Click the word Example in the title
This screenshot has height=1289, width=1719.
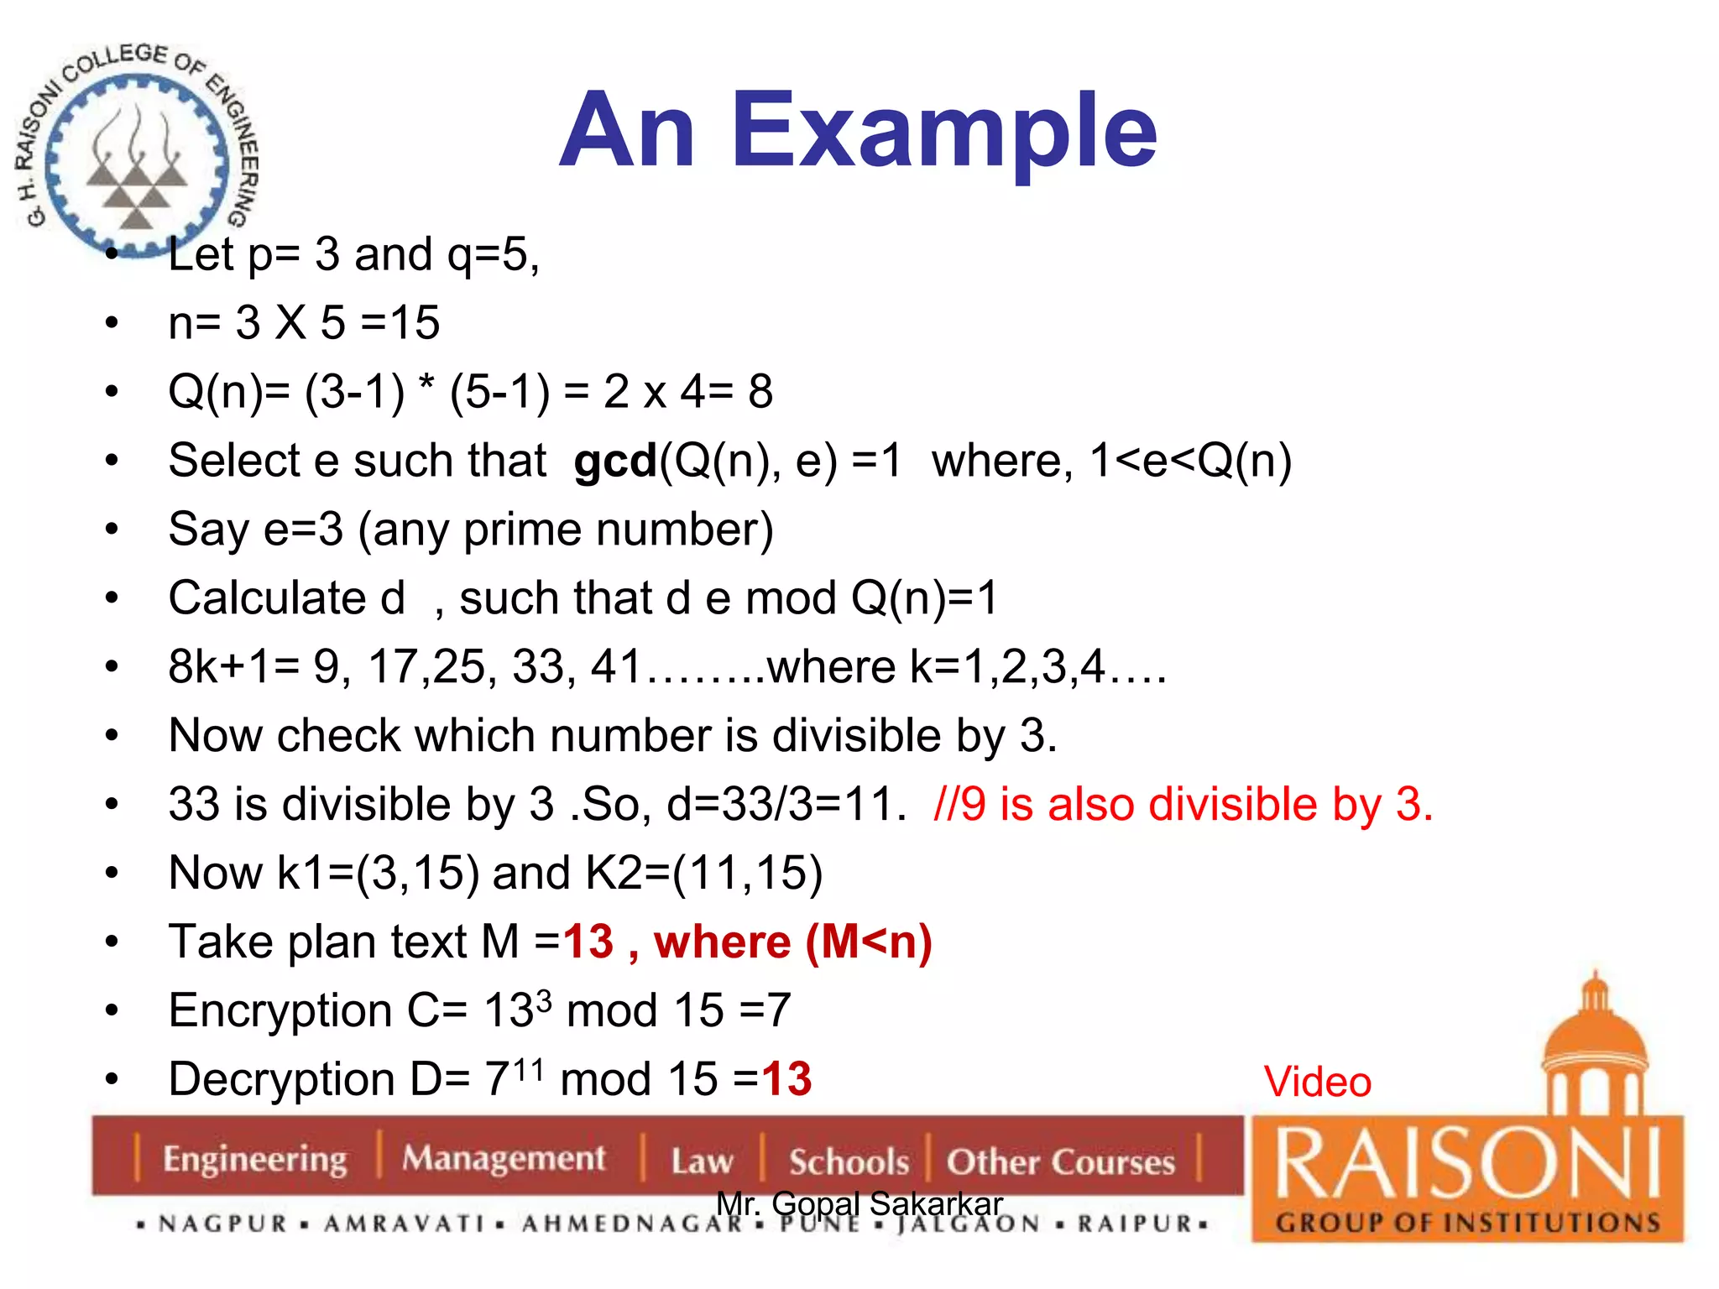(944, 133)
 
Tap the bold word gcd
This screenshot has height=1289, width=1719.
(614, 462)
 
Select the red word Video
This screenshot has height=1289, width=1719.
(1317, 1082)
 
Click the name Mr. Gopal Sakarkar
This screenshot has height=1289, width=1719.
(859, 1203)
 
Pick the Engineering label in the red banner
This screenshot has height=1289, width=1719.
(254, 1159)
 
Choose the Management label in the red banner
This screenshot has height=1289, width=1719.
(503, 1158)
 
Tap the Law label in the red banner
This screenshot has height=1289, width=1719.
(702, 1161)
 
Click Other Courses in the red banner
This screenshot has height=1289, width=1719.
(1060, 1161)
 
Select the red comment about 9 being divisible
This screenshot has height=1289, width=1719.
(1183, 804)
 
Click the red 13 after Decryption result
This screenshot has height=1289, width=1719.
(786, 1079)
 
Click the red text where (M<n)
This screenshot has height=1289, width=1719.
(792, 942)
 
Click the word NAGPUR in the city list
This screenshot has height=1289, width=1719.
(223, 1224)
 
